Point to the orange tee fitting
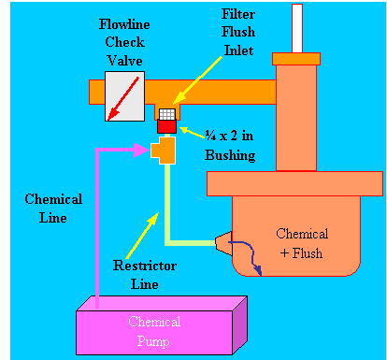165,150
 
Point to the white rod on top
297,26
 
